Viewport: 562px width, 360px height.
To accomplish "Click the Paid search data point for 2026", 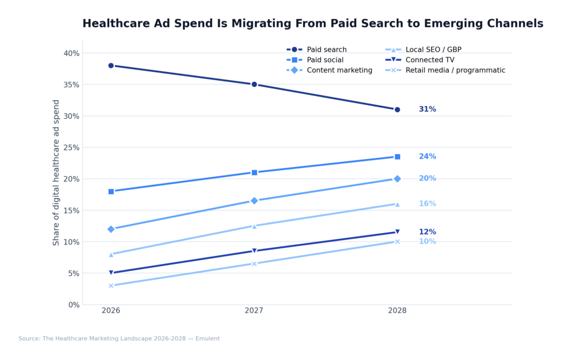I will pyautogui.click(x=111, y=65).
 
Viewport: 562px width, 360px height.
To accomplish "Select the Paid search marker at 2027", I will pyautogui.click(x=254, y=85).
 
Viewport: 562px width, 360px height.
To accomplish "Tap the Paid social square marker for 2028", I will pyautogui.click(x=397, y=157).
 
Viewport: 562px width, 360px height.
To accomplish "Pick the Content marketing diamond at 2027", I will pyautogui.click(x=254, y=201).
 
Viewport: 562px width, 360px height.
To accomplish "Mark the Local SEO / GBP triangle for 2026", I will pyautogui.click(x=111, y=254).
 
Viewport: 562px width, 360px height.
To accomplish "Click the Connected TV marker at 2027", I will pyautogui.click(x=254, y=251).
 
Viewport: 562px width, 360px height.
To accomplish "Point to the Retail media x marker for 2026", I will pyautogui.click(x=111, y=285).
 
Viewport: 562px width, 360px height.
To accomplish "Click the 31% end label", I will pyautogui.click(x=427, y=109).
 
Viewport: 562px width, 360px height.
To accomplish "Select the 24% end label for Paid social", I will pyautogui.click(x=427, y=156).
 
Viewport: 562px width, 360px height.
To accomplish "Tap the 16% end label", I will pyautogui.click(x=427, y=204).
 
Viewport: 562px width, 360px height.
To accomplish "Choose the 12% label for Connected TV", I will pyautogui.click(x=427, y=232).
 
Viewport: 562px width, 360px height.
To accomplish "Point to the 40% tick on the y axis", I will pyautogui.click(x=71, y=53).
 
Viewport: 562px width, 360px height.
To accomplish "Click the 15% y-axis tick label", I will pyautogui.click(x=71, y=210).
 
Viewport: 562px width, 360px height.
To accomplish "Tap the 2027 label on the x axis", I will pyautogui.click(x=254, y=311).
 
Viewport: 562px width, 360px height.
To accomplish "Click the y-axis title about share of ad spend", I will pyautogui.click(x=57, y=172).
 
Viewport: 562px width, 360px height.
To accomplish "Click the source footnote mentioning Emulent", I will pyautogui.click(x=119, y=339).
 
